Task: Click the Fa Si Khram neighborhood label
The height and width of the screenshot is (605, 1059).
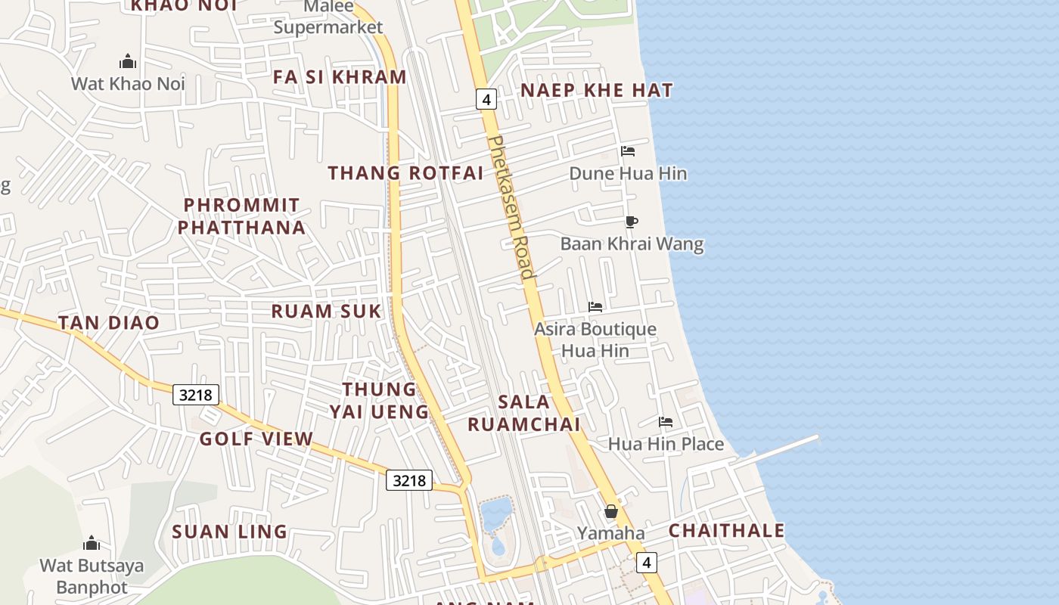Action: coord(340,77)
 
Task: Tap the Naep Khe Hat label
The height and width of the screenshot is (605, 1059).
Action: coord(597,91)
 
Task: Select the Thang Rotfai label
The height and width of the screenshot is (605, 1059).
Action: coord(405,173)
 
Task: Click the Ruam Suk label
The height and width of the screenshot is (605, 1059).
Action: coord(326,311)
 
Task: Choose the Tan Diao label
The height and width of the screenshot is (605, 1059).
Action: coord(109,323)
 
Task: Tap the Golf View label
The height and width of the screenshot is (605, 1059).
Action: coord(256,439)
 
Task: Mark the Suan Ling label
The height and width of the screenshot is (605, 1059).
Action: coord(229,532)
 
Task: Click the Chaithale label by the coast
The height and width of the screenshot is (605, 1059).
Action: coord(726,531)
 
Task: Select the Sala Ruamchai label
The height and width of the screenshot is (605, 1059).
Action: coord(523,413)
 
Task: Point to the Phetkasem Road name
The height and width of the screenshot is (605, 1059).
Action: coord(512,208)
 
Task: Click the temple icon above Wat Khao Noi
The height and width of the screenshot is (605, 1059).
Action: coord(128,61)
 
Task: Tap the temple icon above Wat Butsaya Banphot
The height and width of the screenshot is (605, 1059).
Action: coord(92,543)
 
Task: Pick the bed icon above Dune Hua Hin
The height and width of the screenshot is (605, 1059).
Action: coord(628,151)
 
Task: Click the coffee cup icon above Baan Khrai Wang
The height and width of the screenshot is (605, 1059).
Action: coord(632,222)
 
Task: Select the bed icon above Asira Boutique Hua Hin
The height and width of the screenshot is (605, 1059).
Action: coord(595,307)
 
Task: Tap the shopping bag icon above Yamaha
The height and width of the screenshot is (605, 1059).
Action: coord(611,511)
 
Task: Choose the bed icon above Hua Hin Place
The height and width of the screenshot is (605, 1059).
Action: coord(666,422)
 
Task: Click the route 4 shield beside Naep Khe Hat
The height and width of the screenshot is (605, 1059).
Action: coord(486,99)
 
